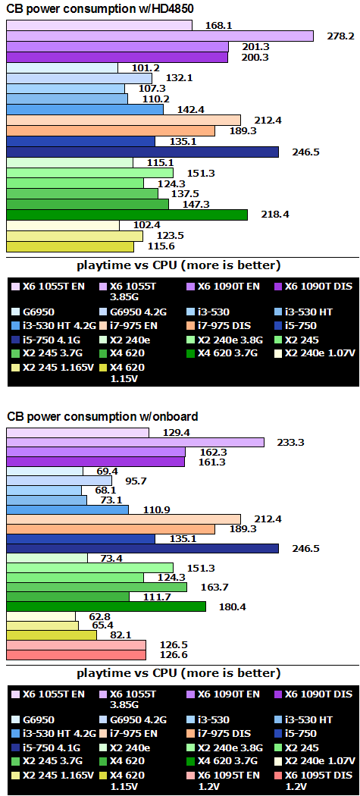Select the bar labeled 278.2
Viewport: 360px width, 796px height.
pyautogui.click(x=159, y=36)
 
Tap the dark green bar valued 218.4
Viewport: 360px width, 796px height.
pyautogui.click(x=127, y=215)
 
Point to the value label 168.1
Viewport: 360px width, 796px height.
pyautogui.click(x=219, y=26)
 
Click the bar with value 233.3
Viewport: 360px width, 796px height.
pyautogui.click(x=135, y=442)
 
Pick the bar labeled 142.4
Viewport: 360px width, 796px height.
pyautogui.click(x=84, y=109)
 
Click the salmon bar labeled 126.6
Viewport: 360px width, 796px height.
pyautogui.click(x=76, y=654)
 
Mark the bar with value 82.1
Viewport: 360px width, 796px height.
pyautogui.click(x=52, y=635)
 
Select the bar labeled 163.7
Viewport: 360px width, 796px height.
pyautogui.click(x=96, y=587)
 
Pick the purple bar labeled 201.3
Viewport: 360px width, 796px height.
pyautogui.click(x=117, y=46)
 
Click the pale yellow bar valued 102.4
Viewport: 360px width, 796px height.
pyautogui.click(x=62, y=225)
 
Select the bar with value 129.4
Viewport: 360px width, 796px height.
pyautogui.click(x=77, y=432)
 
